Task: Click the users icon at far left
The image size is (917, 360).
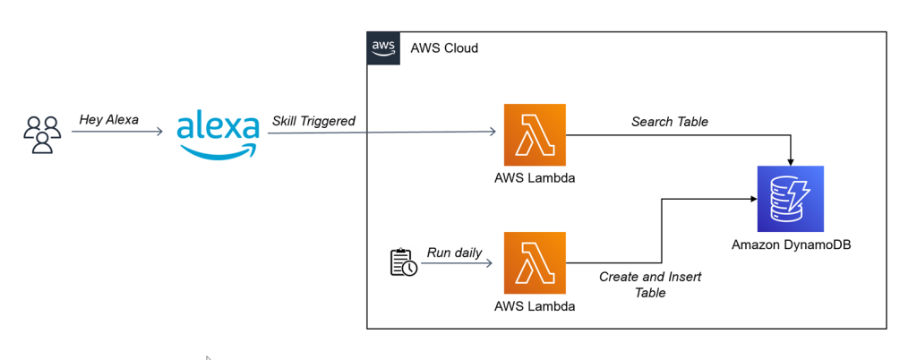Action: (x=41, y=133)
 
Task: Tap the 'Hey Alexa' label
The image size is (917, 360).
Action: (x=109, y=119)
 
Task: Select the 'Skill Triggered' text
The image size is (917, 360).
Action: (x=313, y=121)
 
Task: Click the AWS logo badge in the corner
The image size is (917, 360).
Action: (x=382, y=47)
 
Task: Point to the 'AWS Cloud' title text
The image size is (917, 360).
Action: (x=443, y=47)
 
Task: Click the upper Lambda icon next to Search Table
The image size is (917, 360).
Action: (x=535, y=134)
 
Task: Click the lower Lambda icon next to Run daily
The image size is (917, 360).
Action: (x=535, y=262)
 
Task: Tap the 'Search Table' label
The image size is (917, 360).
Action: (x=669, y=121)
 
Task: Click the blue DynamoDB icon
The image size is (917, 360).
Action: (x=790, y=199)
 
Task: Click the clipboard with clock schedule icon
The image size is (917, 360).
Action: (x=403, y=262)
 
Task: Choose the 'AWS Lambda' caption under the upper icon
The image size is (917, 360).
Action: (x=535, y=177)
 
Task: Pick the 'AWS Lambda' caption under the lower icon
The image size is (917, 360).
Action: (x=535, y=306)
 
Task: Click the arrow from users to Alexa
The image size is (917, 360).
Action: (x=116, y=133)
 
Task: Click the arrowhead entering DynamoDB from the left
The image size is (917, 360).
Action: (x=750, y=199)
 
